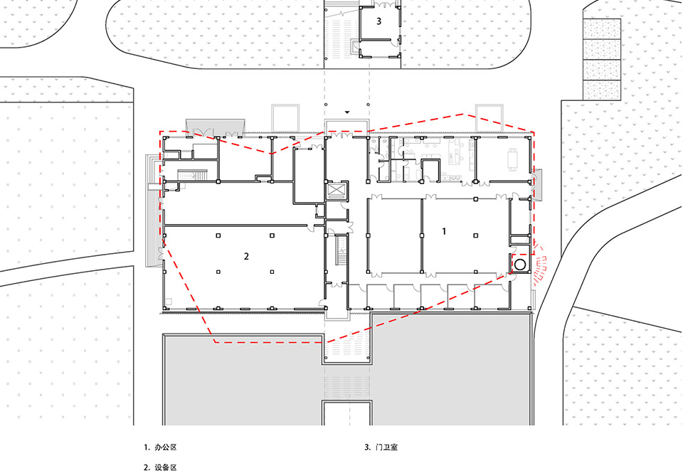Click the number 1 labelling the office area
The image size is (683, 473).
[x=445, y=231]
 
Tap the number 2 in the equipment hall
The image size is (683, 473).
[x=246, y=256]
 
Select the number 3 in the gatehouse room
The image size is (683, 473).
[x=378, y=21]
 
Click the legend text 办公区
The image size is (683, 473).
[x=164, y=448]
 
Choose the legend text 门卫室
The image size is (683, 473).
[x=387, y=448]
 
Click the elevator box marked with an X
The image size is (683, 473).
[x=334, y=192]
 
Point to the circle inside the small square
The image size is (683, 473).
[x=520, y=264]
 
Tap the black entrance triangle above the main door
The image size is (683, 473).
[x=347, y=112]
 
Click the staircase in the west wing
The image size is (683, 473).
[x=194, y=178]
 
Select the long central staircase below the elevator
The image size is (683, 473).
[x=340, y=253]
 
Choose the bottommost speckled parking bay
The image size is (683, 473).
[x=601, y=90]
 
